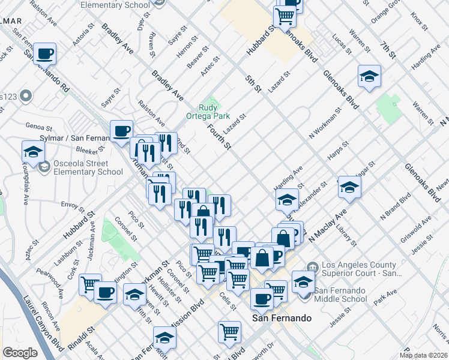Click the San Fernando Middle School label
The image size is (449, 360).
pos(340,295)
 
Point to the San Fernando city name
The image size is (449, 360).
pos(282,318)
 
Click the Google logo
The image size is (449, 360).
pos(20,353)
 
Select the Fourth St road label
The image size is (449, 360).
pos(220,136)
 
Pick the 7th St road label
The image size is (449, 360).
pos(388,50)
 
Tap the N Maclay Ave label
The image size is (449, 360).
pos(328,226)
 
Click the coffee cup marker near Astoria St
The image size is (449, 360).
pos(45,54)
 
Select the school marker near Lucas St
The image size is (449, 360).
pos(369,76)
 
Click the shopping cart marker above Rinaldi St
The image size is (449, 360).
pos(91,284)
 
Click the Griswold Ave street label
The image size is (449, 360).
pos(419,229)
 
